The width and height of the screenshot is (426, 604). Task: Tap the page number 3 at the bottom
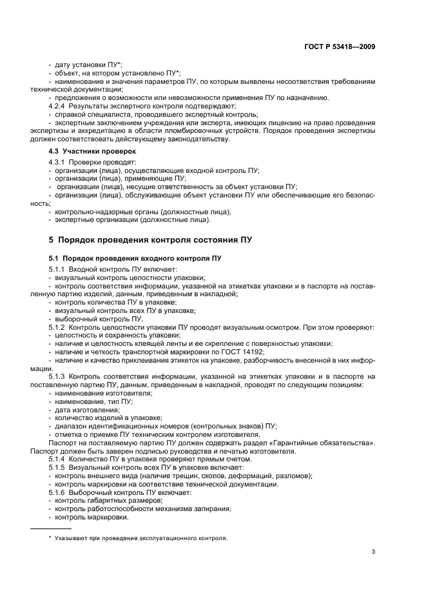[373, 552]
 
